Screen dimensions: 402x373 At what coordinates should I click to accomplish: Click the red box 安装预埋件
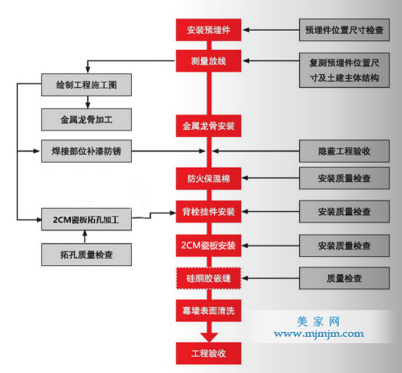(x=208, y=30)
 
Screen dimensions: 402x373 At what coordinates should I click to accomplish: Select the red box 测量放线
(x=208, y=61)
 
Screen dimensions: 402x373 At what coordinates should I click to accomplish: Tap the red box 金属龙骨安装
(x=208, y=126)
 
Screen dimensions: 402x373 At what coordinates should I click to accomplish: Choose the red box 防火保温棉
(x=208, y=179)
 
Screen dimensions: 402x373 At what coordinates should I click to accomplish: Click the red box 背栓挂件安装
(x=208, y=212)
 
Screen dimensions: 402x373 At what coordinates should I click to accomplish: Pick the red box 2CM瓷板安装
(x=208, y=246)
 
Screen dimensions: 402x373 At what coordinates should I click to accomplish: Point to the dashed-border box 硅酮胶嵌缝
(x=208, y=278)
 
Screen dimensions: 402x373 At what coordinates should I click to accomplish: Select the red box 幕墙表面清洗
(x=208, y=311)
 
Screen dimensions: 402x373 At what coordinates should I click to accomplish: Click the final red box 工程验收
(x=208, y=354)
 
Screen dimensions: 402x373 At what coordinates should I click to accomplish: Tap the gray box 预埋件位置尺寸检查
(x=344, y=30)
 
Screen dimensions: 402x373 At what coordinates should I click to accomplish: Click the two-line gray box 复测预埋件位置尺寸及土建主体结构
(x=344, y=70)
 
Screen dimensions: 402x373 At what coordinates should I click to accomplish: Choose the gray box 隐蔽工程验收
(x=344, y=151)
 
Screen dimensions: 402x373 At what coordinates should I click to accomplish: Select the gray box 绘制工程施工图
(x=86, y=85)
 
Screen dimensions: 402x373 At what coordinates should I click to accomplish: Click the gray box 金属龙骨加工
(x=86, y=119)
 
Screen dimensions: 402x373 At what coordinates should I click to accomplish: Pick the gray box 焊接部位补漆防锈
(x=86, y=151)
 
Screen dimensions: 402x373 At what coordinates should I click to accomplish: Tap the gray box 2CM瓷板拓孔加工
(x=86, y=219)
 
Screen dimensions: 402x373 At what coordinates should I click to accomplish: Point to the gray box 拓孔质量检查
(x=86, y=255)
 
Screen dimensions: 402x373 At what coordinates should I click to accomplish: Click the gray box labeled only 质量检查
(x=344, y=278)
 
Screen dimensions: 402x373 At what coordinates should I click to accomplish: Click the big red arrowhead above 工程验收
(x=209, y=337)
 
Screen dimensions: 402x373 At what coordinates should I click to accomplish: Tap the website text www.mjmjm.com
(x=318, y=334)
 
